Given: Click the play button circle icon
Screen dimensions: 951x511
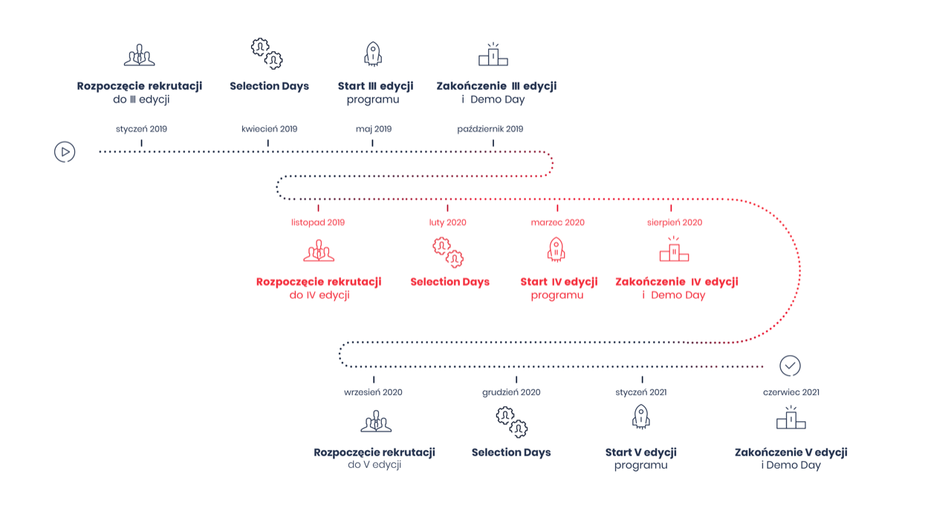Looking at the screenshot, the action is click(x=65, y=152).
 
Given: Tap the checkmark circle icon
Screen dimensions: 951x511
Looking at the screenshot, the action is click(x=790, y=366).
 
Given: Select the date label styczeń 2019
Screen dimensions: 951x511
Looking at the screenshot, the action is click(x=141, y=129).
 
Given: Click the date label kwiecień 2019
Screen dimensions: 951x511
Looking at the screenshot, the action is click(x=269, y=129).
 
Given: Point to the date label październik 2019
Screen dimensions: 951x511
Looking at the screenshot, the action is click(x=490, y=129).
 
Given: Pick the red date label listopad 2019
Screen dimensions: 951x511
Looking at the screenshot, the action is click(x=318, y=222).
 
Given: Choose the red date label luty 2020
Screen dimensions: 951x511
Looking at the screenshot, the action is click(x=447, y=222).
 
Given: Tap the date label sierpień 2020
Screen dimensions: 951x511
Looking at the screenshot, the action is click(x=675, y=222).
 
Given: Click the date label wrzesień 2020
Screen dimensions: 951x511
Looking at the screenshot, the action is click(x=373, y=392).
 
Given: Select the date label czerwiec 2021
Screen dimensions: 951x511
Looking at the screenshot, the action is click(x=791, y=392).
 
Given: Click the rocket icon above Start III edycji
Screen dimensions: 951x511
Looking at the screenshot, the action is click(x=373, y=54).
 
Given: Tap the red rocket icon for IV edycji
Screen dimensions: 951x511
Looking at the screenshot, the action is click(x=556, y=249).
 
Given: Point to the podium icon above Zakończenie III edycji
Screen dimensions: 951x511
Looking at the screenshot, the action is click(x=493, y=54).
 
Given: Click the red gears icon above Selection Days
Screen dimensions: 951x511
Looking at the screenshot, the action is click(x=448, y=253).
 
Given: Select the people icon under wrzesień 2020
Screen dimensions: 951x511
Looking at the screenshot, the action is click(x=376, y=421).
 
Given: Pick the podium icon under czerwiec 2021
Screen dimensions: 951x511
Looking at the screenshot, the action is click(x=791, y=417).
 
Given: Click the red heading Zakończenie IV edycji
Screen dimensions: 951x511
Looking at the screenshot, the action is click(x=677, y=281).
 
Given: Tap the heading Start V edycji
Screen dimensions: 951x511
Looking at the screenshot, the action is click(x=640, y=452).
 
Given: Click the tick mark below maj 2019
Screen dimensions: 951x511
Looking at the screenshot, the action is click(x=372, y=143).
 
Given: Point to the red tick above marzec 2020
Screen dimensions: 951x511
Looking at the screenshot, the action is click(x=557, y=208).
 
